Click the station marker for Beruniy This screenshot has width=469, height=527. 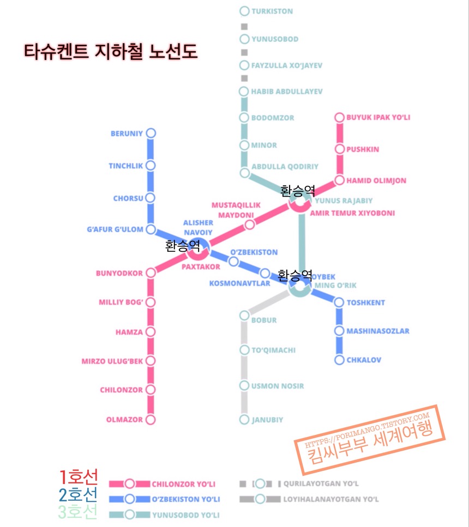tap(151, 133)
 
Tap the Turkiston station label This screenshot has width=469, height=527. tap(272, 11)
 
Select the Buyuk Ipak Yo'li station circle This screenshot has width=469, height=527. tap(339, 117)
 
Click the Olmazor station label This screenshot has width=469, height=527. tap(124, 420)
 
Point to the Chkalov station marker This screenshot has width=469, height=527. tap(339, 360)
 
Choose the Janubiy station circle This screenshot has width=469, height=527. tap(244, 420)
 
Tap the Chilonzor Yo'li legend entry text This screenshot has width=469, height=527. tap(183, 483)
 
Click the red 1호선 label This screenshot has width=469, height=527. tap(79, 477)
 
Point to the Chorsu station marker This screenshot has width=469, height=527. tap(151, 198)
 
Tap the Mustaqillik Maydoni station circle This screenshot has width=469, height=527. tap(250, 225)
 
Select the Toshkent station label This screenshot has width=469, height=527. tap(366, 302)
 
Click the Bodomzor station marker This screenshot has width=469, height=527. tap(244, 118)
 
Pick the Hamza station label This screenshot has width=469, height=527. tap(129, 332)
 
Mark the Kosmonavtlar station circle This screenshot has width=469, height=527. tap(264, 273)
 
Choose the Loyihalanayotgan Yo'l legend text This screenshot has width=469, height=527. tap(330, 499)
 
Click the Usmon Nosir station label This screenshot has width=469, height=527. tap(278, 386)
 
